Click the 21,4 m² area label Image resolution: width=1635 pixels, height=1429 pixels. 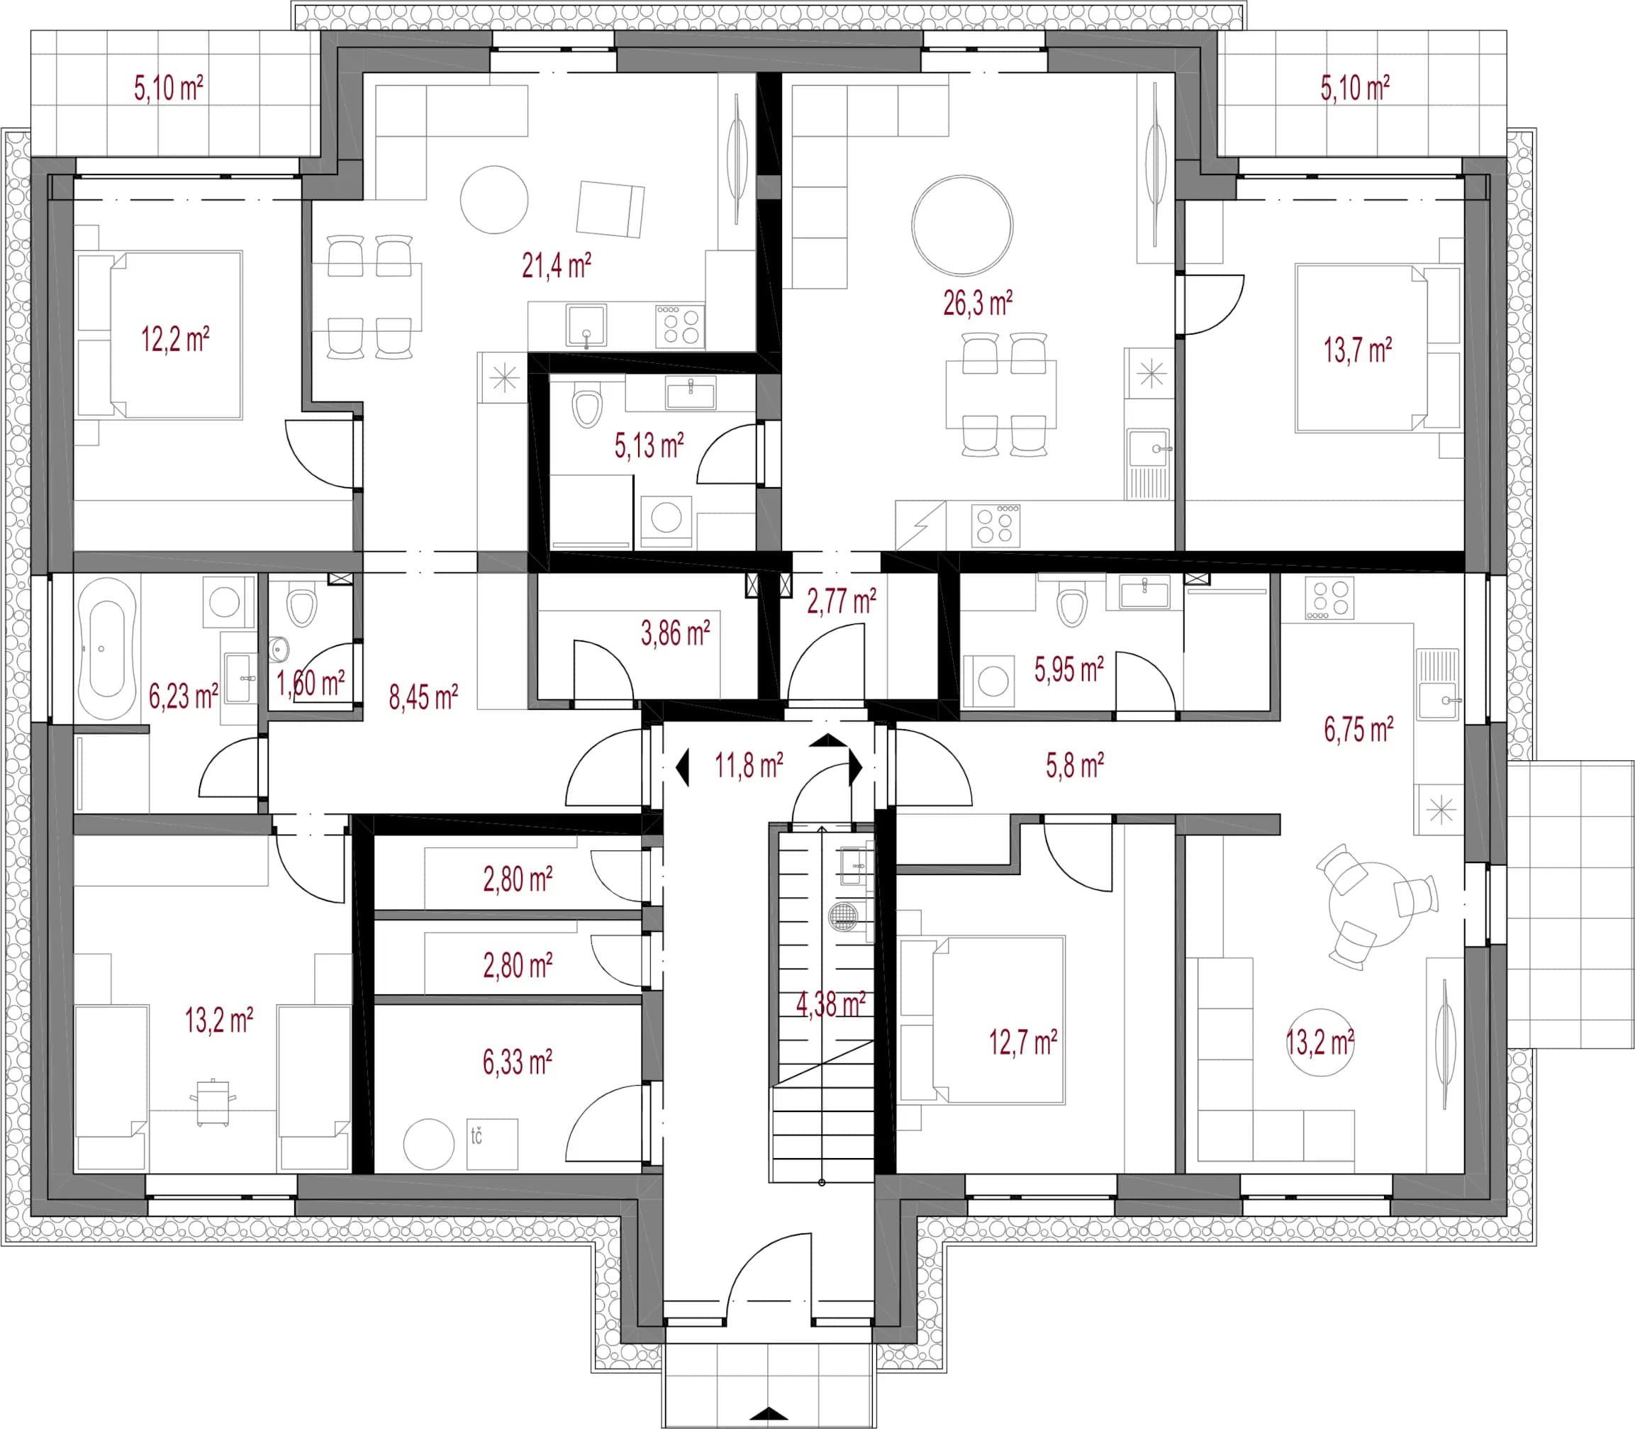(557, 265)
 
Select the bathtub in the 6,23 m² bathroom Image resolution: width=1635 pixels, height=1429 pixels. (107, 648)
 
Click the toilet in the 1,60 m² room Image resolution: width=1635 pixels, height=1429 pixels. (301, 607)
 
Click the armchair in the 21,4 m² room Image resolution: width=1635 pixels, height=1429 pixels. (610, 209)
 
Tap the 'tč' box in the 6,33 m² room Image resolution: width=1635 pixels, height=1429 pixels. (492, 1145)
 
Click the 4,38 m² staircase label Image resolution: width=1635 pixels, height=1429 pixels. (831, 1004)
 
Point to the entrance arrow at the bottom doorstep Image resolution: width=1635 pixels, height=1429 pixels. (769, 1414)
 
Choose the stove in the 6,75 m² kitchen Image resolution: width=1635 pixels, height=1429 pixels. (1329, 597)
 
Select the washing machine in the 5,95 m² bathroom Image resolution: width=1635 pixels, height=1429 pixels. (988, 681)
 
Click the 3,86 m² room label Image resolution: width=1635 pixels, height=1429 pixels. (675, 633)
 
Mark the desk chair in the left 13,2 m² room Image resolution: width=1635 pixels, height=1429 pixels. (212, 1102)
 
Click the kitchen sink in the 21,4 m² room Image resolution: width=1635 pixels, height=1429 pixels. (586, 326)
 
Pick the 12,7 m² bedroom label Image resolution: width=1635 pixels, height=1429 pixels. (1023, 1042)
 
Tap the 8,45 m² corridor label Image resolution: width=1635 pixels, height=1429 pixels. (423, 697)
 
